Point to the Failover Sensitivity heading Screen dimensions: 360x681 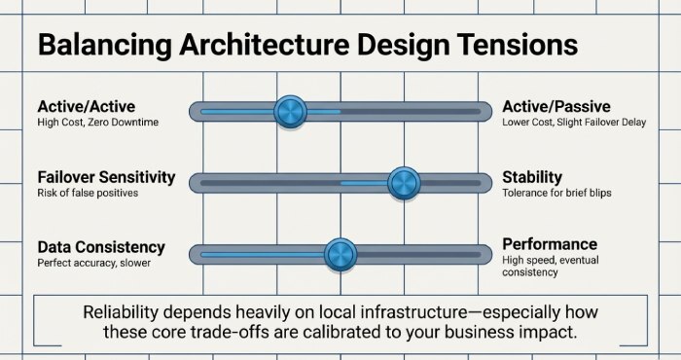106,177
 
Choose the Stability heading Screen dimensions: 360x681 532,177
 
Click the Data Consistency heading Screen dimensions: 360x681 101,247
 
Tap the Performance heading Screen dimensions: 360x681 550,244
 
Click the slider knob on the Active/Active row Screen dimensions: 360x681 290,112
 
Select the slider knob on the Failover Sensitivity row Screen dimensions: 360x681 402,182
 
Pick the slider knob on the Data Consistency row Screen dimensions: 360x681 340,255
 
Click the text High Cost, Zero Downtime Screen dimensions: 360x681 97,124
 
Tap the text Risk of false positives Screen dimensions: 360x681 88,194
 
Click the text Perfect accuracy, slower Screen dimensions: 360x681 93,264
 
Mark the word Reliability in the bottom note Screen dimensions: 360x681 125,312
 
